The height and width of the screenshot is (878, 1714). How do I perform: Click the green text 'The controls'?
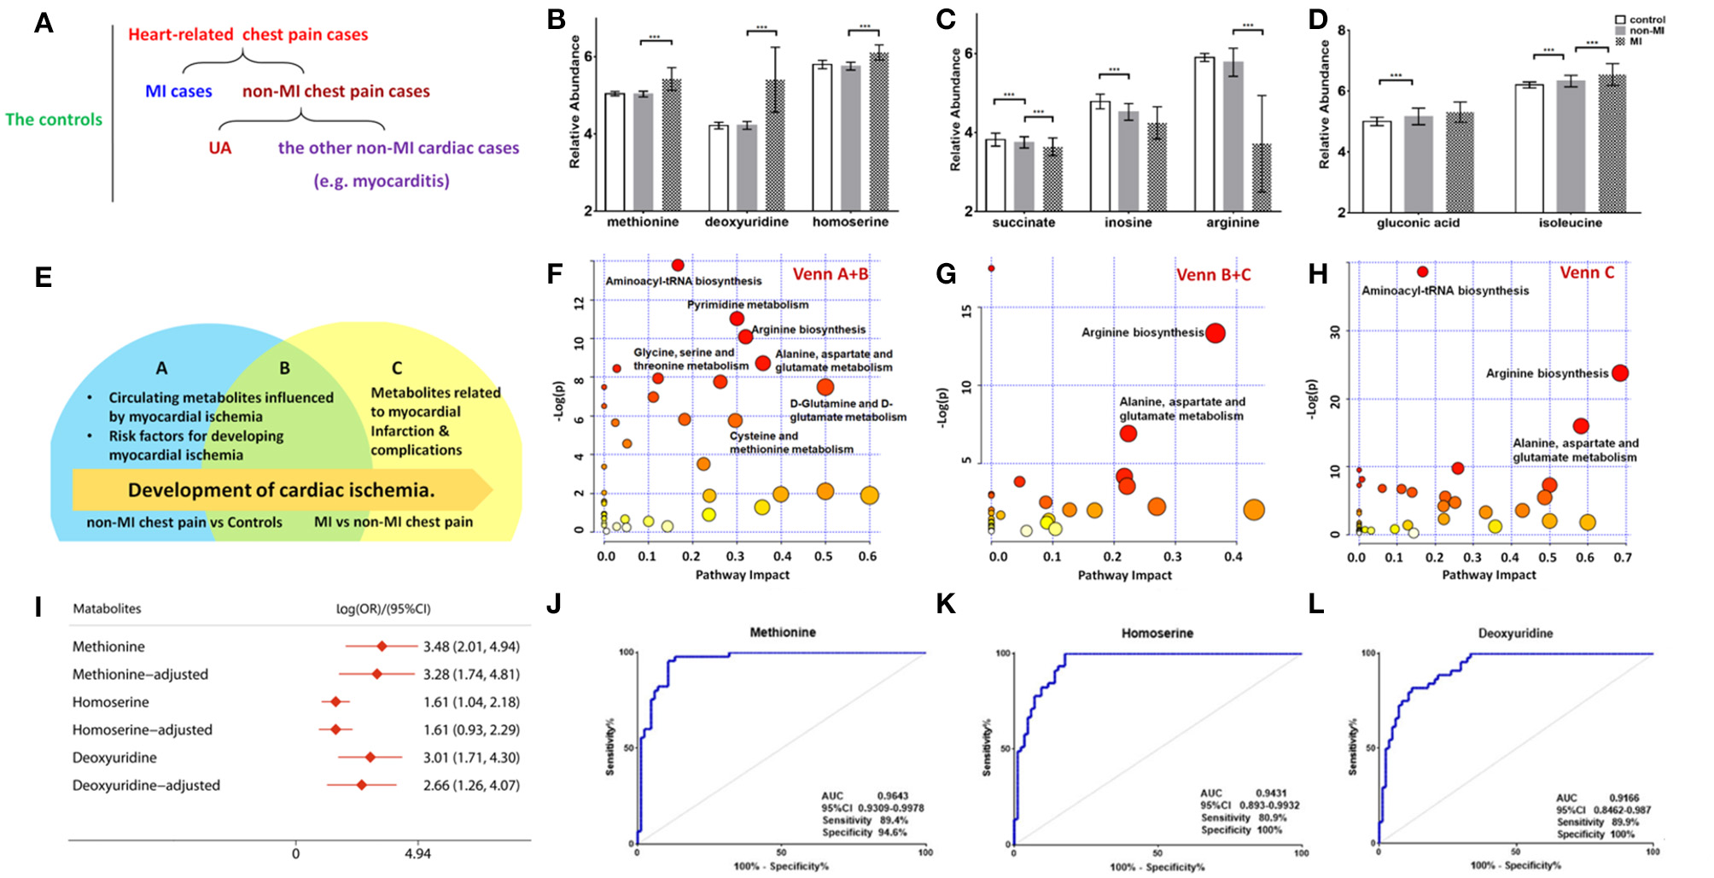(54, 120)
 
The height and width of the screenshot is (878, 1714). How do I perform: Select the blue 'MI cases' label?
(178, 91)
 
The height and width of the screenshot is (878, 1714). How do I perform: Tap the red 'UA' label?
(220, 148)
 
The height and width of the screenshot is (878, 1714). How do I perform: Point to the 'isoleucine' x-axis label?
(1570, 223)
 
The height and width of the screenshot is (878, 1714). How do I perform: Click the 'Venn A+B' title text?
(831, 274)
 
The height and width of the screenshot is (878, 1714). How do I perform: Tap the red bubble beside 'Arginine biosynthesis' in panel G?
(1215, 333)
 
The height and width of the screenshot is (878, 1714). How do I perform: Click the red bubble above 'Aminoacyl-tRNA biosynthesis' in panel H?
(1423, 272)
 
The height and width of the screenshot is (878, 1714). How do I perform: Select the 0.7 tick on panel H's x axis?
(1622, 558)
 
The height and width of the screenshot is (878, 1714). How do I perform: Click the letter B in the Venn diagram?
(284, 368)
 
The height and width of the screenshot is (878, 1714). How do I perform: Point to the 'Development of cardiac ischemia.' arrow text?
(281, 490)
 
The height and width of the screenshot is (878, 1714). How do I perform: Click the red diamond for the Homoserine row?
(335, 702)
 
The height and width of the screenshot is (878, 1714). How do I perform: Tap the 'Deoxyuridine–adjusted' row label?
(146, 786)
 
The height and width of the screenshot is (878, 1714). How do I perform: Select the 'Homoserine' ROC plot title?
(1157, 633)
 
